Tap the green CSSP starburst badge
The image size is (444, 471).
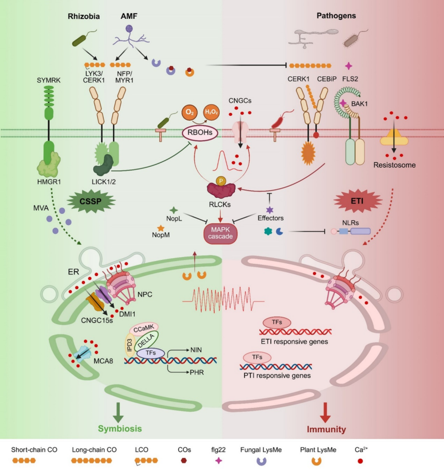[89, 200]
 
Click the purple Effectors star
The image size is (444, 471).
[270, 210]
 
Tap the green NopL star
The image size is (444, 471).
[173, 211]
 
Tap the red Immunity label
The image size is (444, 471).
[326, 428]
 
